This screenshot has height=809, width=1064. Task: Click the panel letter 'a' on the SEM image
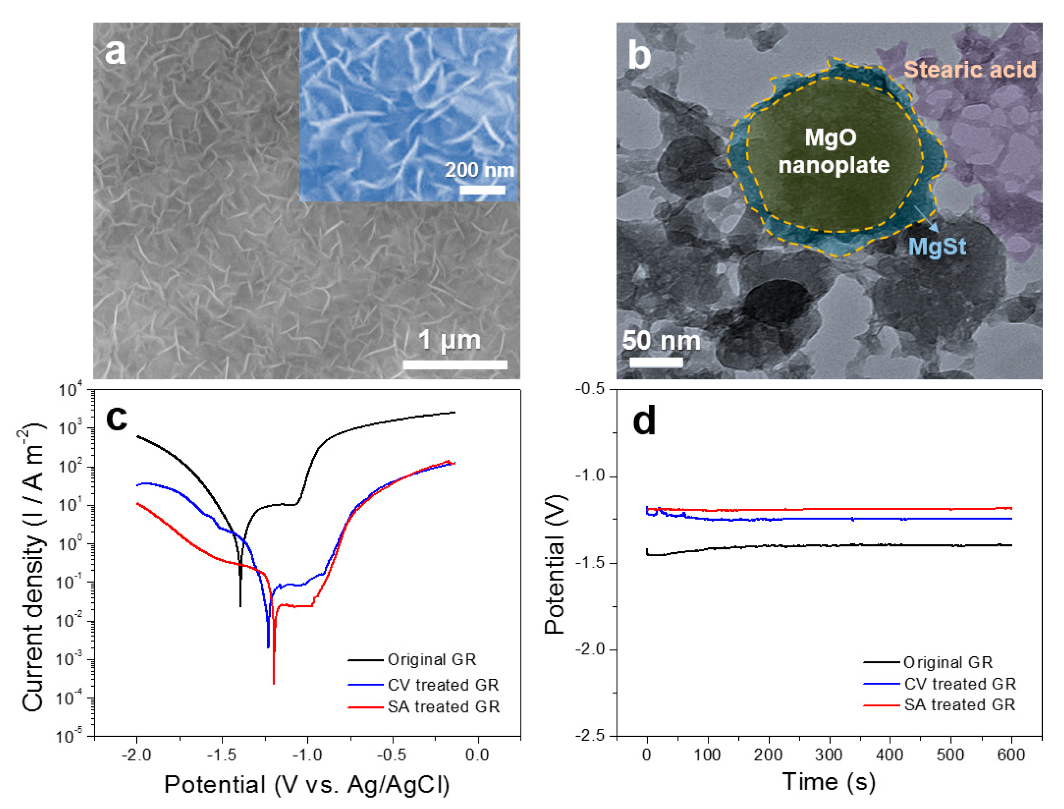point(116,52)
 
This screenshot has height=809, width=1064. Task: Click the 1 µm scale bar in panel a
point(455,364)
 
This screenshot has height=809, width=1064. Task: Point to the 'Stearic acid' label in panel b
point(969,70)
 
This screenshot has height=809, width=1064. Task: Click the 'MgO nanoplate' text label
point(833,151)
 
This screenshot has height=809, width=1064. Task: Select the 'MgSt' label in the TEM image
point(937,247)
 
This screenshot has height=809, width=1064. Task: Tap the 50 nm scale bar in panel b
point(656,362)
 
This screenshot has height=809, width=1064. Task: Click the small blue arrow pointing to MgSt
point(926,219)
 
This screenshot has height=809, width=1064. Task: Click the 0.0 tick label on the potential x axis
point(478,755)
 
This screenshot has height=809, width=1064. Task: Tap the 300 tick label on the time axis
point(829,755)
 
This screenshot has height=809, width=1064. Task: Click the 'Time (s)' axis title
point(829,782)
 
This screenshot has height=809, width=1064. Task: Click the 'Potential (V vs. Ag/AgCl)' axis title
point(307,785)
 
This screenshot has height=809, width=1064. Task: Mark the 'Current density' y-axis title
point(33,568)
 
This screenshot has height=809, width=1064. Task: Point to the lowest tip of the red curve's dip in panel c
point(274,683)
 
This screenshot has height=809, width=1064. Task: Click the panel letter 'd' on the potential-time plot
point(644,420)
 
